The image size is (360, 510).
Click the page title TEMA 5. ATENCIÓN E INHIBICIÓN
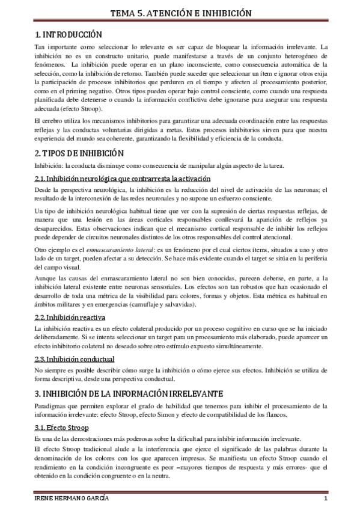pos(180,13)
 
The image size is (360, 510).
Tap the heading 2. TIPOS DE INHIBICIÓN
pos(79,153)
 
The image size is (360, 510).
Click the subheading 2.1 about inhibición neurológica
pos(123,179)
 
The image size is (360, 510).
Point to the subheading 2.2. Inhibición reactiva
pos(72,316)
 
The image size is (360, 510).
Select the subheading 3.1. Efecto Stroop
pos(62,428)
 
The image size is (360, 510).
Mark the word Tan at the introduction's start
pos(40,47)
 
